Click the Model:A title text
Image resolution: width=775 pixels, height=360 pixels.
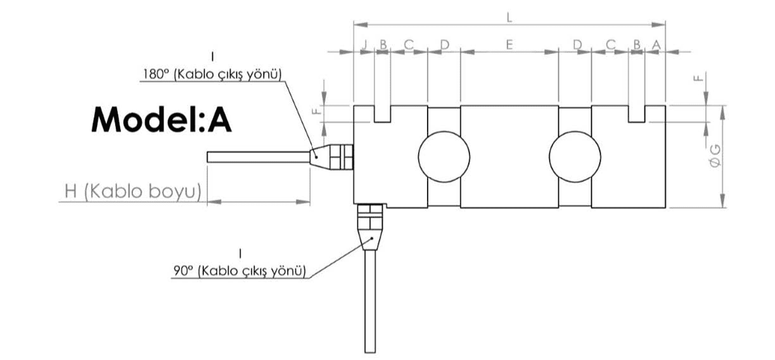click(x=161, y=119)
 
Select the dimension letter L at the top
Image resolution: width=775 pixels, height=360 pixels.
click(x=509, y=17)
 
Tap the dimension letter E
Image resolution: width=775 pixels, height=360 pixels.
click(x=509, y=44)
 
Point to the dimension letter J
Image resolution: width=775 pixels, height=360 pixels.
click(x=364, y=44)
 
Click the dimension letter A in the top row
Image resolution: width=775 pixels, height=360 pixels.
click(x=656, y=44)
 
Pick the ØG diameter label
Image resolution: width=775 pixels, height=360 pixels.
click(x=715, y=156)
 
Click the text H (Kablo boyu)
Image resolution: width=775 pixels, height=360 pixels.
click(x=133, y=191)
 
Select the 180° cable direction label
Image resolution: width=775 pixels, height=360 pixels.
click(x=212, y=74)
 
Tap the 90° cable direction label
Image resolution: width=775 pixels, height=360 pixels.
click(x=240, y=271)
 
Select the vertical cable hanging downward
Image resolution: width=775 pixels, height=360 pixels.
click(x=370, y=301)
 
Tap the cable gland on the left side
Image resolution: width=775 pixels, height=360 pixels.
click(x=331, y=157)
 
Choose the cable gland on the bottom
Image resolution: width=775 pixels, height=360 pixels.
click(x=370, y=227)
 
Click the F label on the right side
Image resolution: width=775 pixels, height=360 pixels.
click(x=698, y=77)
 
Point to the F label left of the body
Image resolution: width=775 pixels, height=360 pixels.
click(x=316, y=111)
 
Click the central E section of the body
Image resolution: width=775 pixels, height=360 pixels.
click(x=509, y=157)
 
